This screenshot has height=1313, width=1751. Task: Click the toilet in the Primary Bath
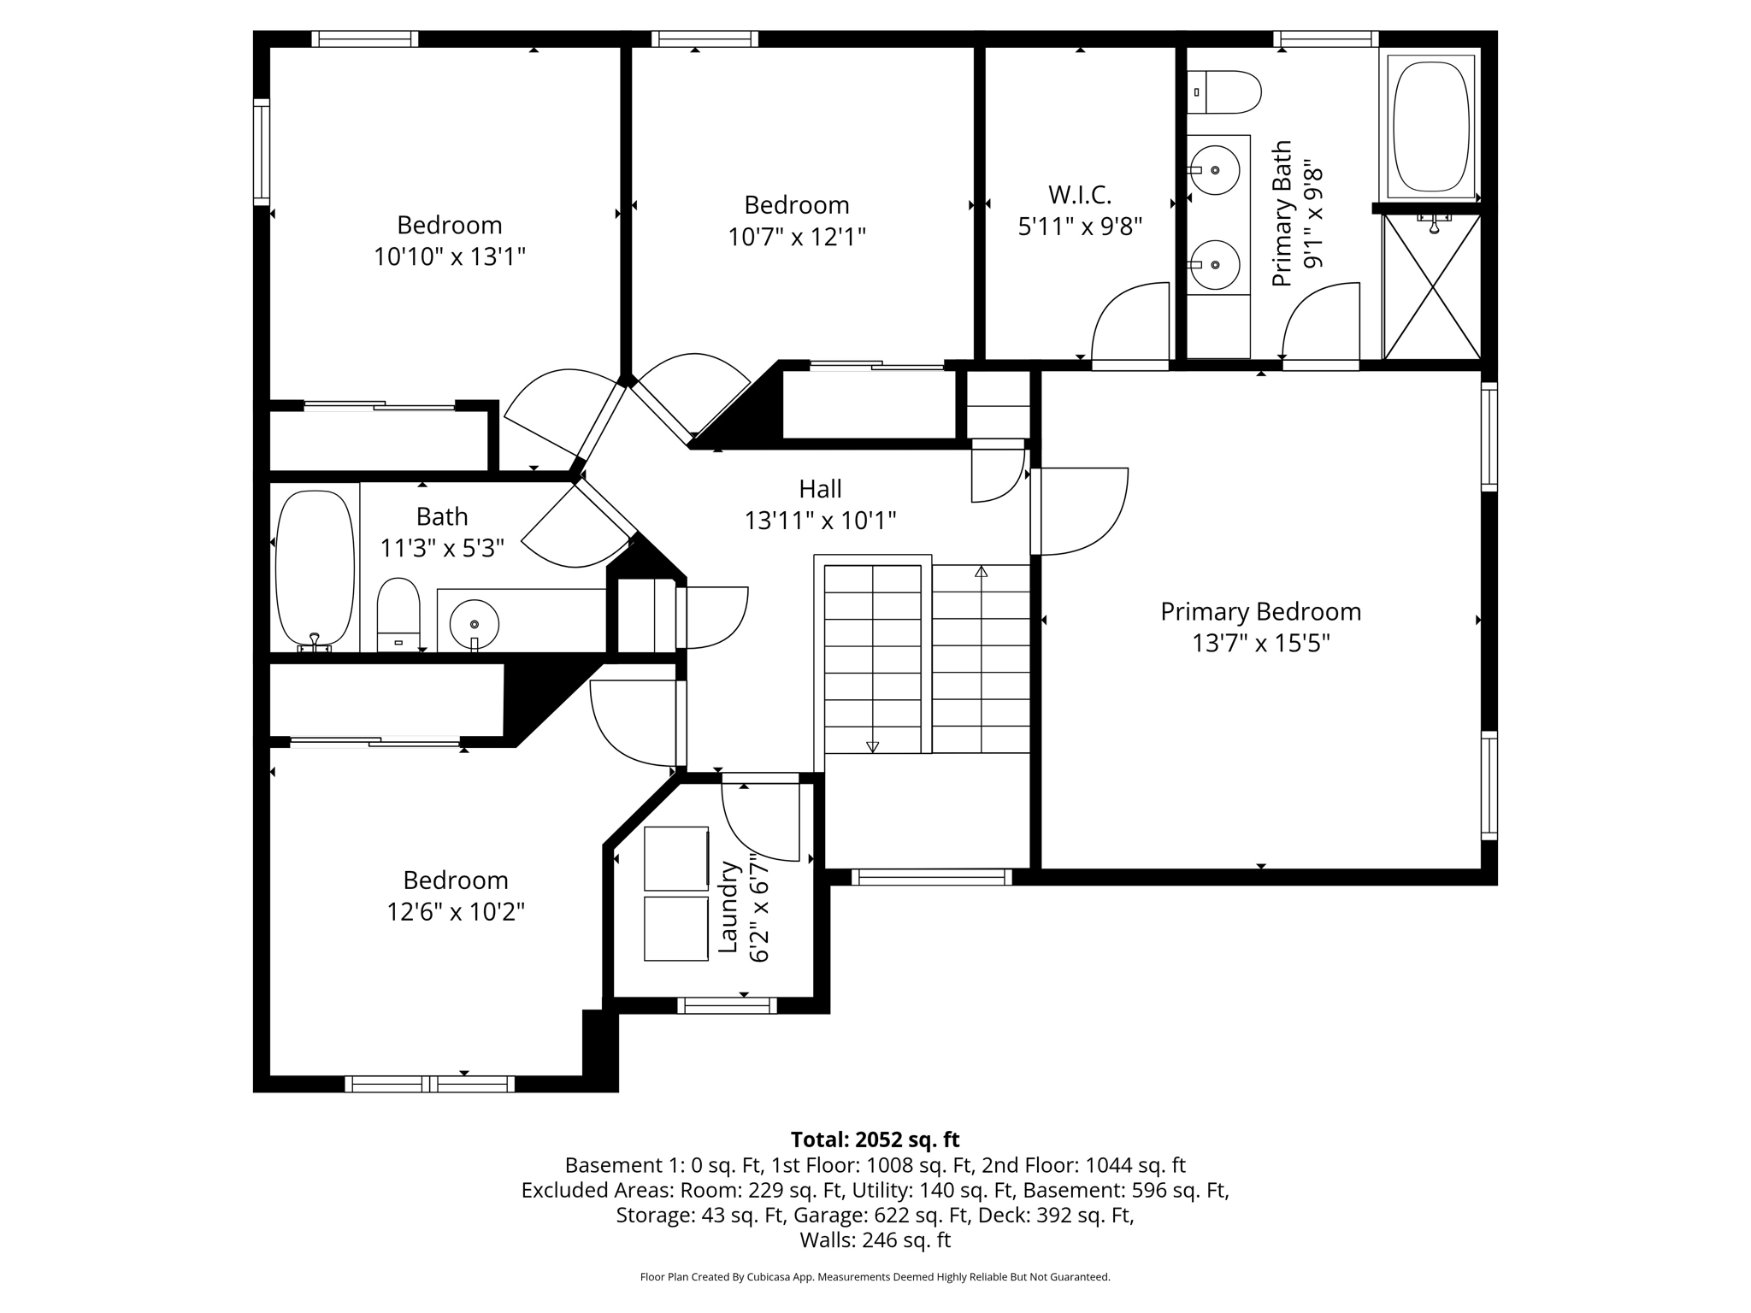[x=1224, y=92]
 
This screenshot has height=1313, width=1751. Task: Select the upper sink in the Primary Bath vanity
[x=1215, y=170]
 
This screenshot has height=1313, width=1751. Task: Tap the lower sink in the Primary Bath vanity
[x=1215, y=265]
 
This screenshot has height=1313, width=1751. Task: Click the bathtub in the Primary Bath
[x=1430, y=126]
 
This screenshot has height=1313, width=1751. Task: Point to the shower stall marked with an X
[x=1431, y=287]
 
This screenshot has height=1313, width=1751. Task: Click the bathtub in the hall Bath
[x=315, y=568]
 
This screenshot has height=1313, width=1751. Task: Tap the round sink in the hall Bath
[x=474, y=624]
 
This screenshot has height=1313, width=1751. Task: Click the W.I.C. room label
[x=1080, y=195]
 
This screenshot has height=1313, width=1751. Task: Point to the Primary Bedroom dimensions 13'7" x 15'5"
[x=1260, y=643]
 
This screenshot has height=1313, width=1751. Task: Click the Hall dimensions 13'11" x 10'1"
[x=820, y=520]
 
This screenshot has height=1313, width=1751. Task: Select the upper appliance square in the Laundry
[x=676, y=858]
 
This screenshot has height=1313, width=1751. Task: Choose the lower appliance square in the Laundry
[x=676, y=928]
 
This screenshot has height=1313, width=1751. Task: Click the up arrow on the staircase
[x=981, y=571]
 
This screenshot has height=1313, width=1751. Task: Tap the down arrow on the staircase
[x=872, y=746]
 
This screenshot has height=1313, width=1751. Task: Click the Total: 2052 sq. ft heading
[x=875, y=1139]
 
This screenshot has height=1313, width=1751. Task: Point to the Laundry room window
[x=727, y=1006]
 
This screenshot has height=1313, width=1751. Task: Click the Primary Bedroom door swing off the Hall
[x=1082, y=511]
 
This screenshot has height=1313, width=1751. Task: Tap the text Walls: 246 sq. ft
[x=875, y=1239]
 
